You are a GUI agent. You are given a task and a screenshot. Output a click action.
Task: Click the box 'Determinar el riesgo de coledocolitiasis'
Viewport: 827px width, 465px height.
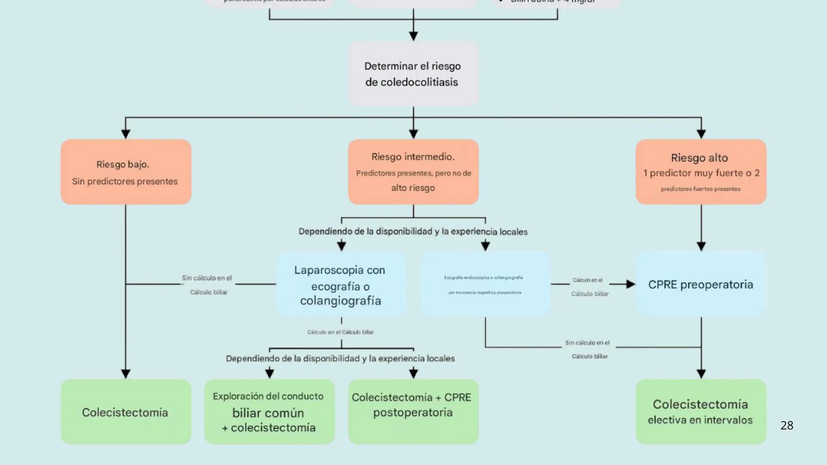tap(413, 74)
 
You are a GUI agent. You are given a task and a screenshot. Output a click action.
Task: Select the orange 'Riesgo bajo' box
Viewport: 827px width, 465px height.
tap(126, 171)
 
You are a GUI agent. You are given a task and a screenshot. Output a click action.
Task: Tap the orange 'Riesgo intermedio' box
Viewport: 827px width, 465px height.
tap(413, 171)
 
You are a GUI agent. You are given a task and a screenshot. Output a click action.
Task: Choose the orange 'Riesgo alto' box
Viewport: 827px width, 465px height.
tap(700, 171)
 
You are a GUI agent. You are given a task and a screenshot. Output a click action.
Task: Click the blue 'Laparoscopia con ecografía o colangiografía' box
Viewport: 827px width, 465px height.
tap(341, 284)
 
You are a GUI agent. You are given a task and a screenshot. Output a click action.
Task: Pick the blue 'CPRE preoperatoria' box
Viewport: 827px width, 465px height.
tap(700, 284)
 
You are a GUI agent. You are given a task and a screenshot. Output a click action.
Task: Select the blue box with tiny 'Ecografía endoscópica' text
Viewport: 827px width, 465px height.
tap(485, 284)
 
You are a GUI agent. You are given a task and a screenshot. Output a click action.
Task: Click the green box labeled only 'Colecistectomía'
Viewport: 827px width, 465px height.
tap(126, 412)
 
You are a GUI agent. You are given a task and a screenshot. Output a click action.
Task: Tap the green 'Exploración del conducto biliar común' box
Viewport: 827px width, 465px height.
tap(269, 412)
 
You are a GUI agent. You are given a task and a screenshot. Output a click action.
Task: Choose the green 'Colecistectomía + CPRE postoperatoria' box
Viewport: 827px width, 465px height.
tap(413, 412)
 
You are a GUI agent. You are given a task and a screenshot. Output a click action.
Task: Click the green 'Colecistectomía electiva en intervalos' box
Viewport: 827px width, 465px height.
tap(700, 412)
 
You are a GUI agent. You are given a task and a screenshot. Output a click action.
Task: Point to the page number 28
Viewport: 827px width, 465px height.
tap(786, 425)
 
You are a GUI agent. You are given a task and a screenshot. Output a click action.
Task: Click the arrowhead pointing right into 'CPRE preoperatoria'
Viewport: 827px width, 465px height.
tap(630, 284)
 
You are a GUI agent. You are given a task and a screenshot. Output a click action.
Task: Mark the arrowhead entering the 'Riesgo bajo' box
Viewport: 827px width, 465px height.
tap(126, 134)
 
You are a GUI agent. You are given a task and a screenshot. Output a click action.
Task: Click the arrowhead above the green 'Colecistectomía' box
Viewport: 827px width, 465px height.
tap(126, 374)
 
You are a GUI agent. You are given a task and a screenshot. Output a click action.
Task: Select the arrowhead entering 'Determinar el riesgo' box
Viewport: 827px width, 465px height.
tap(413, 36)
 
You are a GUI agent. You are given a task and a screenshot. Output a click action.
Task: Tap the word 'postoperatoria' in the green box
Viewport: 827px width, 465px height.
tap(413, 412)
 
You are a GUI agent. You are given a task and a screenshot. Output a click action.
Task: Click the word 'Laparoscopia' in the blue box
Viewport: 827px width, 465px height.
tap(321, 270)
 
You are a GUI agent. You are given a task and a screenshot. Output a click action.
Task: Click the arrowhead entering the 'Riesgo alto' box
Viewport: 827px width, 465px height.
tap(701, 134)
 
